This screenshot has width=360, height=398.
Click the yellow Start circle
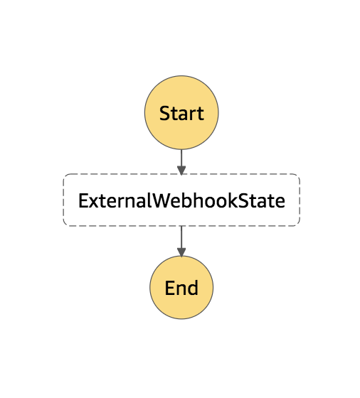pyautogui.click(x=181, y=112)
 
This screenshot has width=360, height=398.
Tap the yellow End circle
pyautogui.click(x=181, y=287)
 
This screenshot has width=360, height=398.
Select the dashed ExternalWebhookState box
pyautogui.click(x=181, y=200)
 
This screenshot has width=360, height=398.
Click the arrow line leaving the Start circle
pyautogui.click(x=181, y=162)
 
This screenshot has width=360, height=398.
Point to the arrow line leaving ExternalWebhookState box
pyautogui.click(x=181, y=241)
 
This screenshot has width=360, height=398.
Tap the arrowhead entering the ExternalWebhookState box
pyautogui.click(x=181, y=171)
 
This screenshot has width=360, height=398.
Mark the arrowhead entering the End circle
pyautogui.click(x=181, y=252)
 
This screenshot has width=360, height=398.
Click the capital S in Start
pyautogui.click(x=164, y=113)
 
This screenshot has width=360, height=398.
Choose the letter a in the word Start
pyautogui.click(x=184, y=114)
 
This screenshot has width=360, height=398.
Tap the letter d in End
pyautogui.click(x=193, y=287)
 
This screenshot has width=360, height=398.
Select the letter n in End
pyautogui.click(x=181, y=290)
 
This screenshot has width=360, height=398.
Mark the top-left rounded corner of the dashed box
pyautogui.click(x=65, y=176)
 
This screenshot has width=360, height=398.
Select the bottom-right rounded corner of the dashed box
pyautogui.click(x=298, y=224)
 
